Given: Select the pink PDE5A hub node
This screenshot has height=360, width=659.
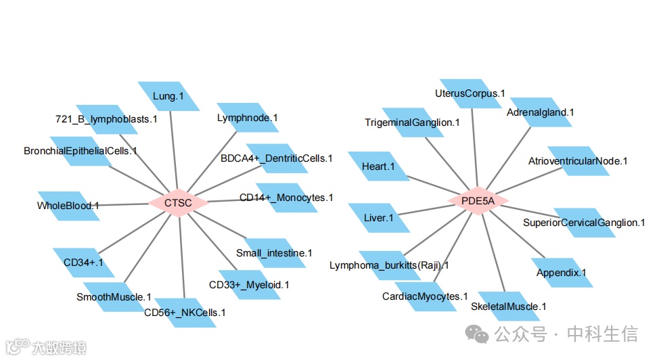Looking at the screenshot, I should (478, 200).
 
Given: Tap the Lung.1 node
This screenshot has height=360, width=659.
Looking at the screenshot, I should (169, 96).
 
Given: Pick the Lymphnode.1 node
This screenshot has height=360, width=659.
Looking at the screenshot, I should (248, 118).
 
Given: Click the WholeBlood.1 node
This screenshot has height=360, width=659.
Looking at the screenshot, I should (68, 205).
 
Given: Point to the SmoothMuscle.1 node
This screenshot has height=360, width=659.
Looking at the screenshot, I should (114, 296).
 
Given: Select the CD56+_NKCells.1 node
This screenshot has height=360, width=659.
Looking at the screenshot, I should (185, 312).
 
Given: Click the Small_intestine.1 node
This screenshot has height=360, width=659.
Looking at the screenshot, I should (274, 252).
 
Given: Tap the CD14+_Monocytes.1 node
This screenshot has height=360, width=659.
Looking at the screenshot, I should (286, 198).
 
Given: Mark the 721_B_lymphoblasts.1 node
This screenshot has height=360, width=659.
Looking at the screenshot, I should (107, 119).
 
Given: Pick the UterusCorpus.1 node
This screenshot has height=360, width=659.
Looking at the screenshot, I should (470, 93).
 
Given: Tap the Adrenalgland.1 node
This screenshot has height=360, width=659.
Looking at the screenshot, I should (541, 112).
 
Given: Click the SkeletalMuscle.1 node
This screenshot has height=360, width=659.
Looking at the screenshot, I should (509, 307).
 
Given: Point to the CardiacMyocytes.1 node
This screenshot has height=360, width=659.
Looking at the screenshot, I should (425, 296).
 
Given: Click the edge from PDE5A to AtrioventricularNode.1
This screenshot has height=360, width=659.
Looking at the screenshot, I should (528, 181).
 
